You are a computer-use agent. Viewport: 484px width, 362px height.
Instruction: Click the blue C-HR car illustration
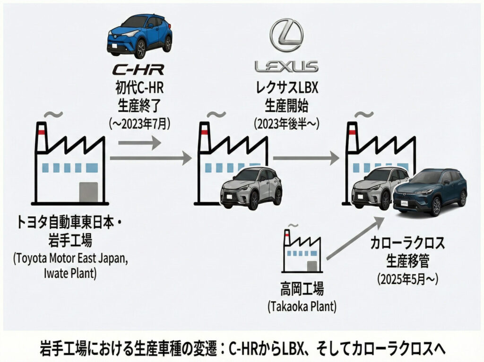click(x=139, y=35)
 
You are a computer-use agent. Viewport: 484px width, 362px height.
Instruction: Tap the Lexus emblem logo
click(x=286, y=35)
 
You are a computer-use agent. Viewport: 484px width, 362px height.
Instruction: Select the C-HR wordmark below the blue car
click(x=138, y=70)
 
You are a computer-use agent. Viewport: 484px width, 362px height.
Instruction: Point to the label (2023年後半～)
click(x=286, y=124)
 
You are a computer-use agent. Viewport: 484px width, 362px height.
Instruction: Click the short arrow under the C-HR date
click(x=139, y=142)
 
